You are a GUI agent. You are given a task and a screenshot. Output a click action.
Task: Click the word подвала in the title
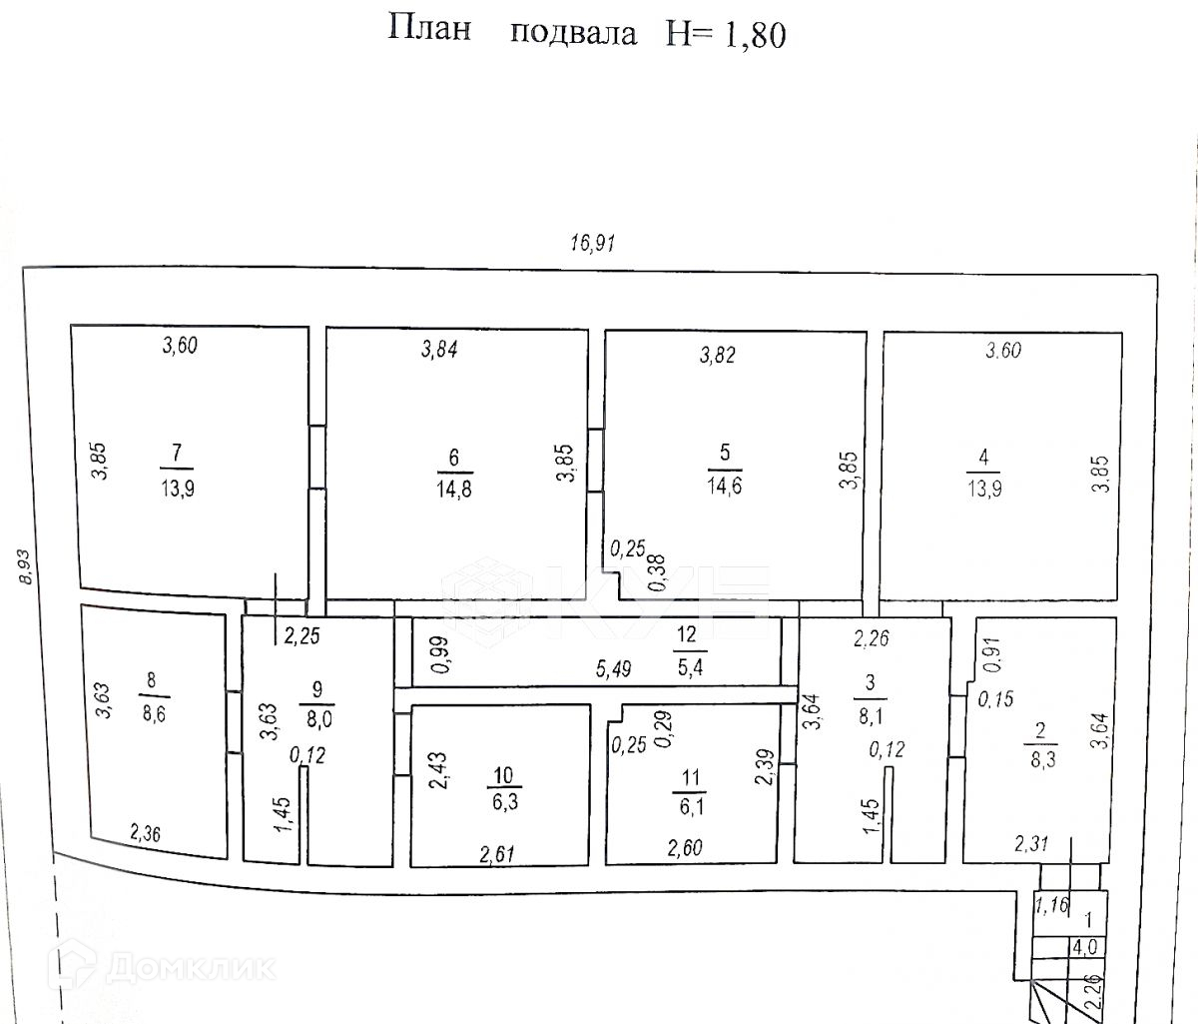[x=573, y=33]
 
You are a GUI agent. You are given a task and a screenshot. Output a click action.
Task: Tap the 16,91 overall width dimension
[x=592, y=243]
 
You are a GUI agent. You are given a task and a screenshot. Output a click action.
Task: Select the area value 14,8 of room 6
[x=455, y=489]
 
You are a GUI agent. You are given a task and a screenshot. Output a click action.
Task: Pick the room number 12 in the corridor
[x=686, y=633]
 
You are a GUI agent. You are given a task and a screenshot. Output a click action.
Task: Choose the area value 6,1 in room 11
[x=690, y=805]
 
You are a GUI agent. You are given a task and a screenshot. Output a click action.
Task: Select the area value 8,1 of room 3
[x=869, y=715]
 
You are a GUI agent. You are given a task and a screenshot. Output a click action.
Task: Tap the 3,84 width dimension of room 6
[x=440, y=350]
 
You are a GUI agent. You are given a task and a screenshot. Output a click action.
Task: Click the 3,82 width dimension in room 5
[x=718, y=354]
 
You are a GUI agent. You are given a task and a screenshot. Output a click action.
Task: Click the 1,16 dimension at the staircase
[x=1051, y=906]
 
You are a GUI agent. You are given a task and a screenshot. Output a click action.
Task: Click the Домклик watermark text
[x=191, y=966]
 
